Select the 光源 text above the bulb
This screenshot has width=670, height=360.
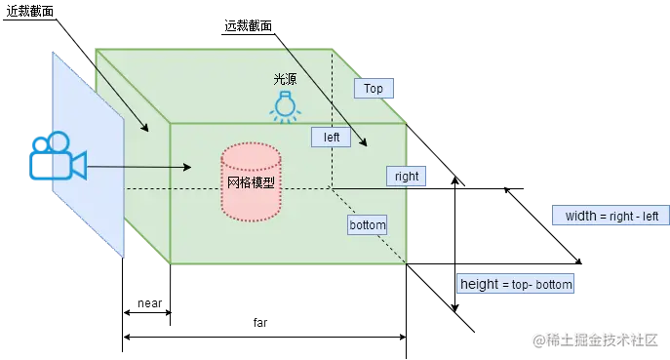point(284,78)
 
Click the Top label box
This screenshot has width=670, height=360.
point(374,89)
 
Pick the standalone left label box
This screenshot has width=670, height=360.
point(332,138)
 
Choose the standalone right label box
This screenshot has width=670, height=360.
point(406,177)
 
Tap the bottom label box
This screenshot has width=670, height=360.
point(368,225)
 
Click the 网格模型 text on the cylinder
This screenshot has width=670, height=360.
point(251,182)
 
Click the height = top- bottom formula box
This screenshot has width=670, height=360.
point(517,285)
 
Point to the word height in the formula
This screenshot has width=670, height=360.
point(480,285)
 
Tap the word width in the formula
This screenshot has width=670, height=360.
point(580,216)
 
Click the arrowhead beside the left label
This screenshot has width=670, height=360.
point(364,143)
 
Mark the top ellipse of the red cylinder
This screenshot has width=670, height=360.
point(251,155)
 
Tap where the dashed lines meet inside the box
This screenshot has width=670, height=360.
point(331,186)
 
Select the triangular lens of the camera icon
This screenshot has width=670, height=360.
point(78,164)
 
